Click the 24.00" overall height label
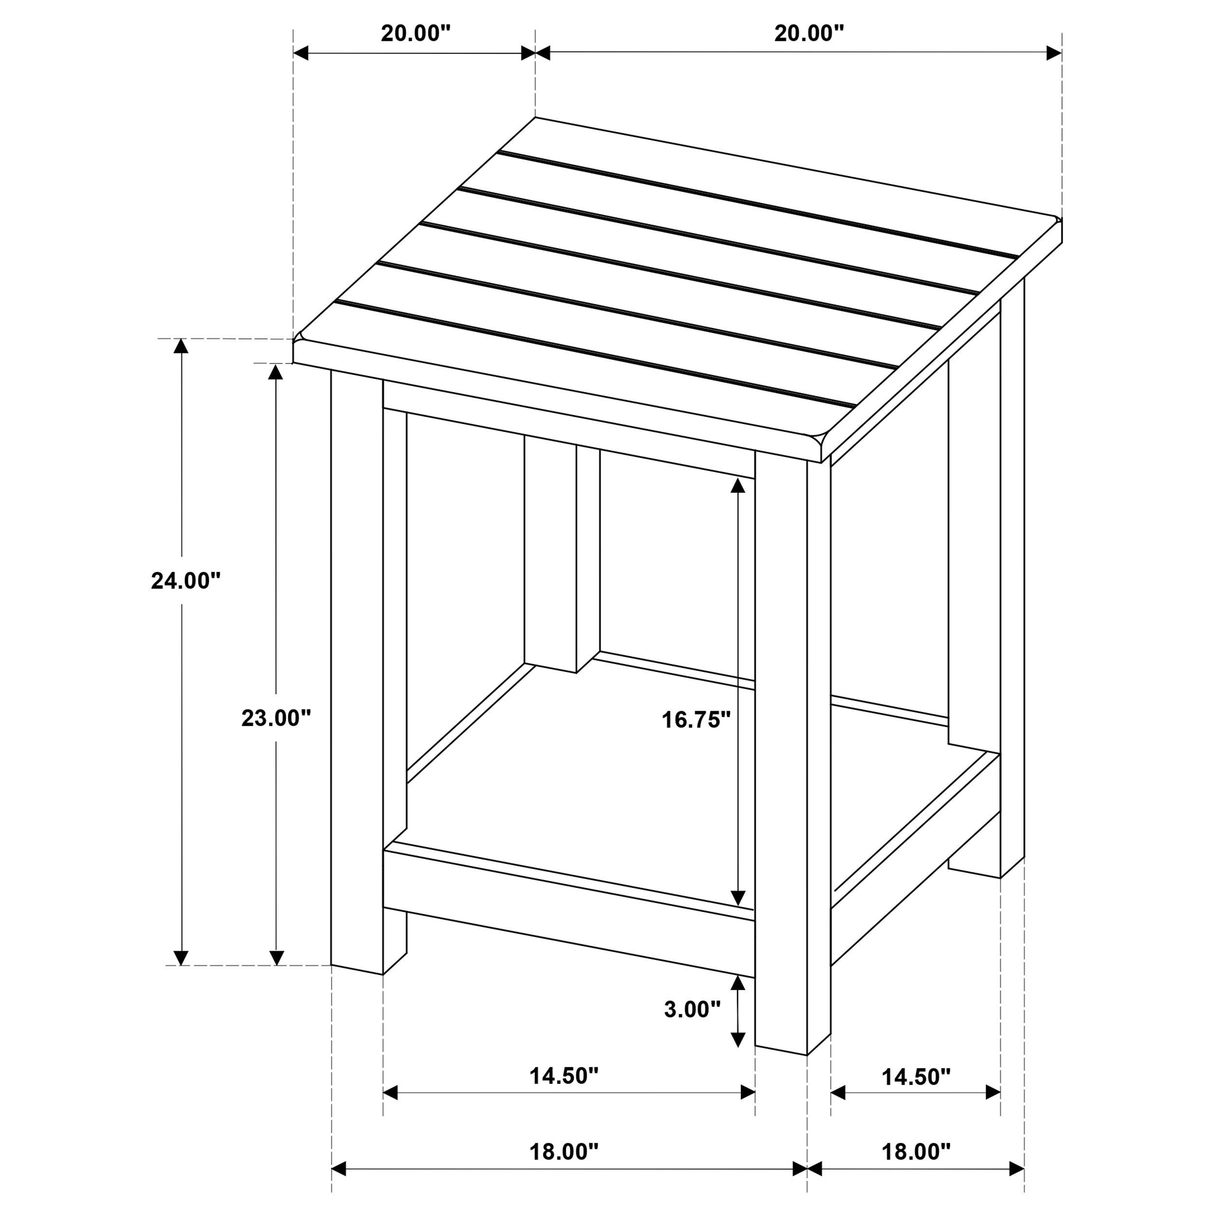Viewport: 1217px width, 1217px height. (186, 581)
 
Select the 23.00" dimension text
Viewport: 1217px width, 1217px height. (276, 718)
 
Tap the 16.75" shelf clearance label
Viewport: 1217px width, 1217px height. (696, 719)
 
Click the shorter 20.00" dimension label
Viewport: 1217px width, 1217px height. (416, 34)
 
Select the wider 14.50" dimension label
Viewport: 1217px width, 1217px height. (563, 1076)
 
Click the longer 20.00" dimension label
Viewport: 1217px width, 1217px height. (809, 34)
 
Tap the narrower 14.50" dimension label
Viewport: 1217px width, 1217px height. (915, 1077)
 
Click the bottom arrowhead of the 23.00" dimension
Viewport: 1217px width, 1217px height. (276, 958)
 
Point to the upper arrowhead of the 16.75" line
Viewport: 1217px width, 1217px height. (738, 485)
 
